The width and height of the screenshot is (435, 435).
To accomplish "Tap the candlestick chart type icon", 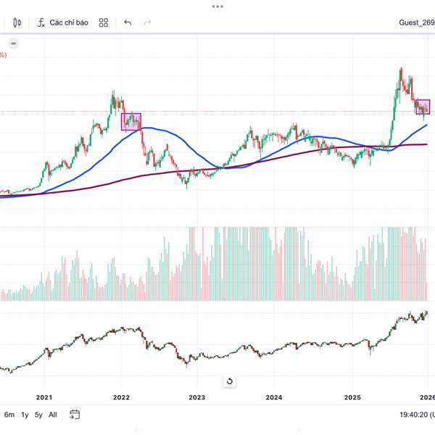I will tap(17, 22).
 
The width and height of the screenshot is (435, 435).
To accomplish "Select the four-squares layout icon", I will tap(104, 22).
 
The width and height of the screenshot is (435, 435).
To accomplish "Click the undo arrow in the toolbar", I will tap(128, 22).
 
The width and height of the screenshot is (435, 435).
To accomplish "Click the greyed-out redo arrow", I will tap(148, 22).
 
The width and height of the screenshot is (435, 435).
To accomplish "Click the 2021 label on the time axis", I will tap(44, 397).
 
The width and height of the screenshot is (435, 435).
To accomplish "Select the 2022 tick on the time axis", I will tap(121, 397).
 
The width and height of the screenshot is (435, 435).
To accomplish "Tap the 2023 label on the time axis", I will tap(197, 397).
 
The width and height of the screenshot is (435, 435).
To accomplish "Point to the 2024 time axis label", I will tap(274, 397).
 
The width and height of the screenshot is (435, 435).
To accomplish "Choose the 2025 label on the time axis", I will tap(352, 397).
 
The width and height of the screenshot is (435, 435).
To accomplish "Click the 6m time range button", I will tap(9, 415).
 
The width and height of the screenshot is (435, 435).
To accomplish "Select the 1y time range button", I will tap(25, 415).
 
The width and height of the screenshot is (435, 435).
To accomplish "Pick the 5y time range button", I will tap(38, 415).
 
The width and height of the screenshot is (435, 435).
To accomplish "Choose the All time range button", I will tap(52, 415).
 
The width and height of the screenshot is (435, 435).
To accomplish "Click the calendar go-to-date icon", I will tap(75, 415).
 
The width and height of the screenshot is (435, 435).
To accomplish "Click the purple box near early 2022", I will tap(131, 121).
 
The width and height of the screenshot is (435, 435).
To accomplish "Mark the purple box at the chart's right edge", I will tap(423, 107).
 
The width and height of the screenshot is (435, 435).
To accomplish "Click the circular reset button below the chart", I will tap(230, 381).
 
